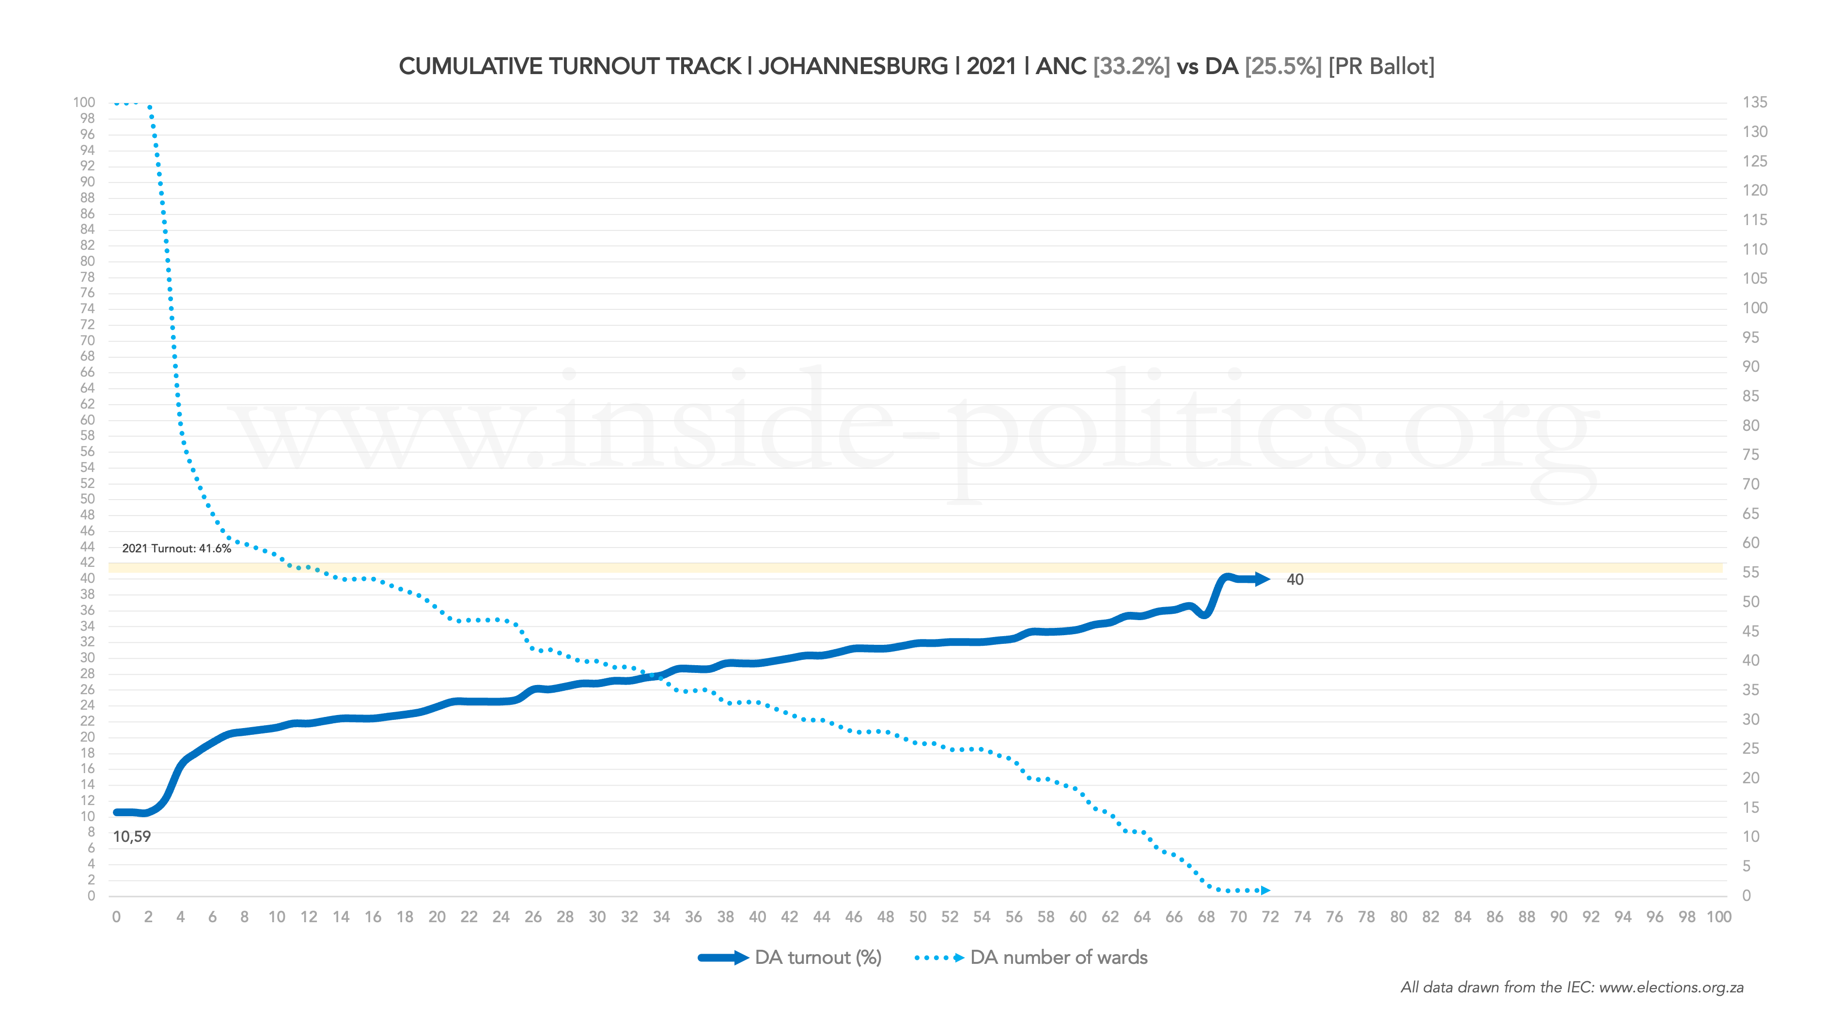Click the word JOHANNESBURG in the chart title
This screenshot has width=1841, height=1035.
[x=853, y=66]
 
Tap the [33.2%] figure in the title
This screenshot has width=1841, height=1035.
[x=1131, y=66]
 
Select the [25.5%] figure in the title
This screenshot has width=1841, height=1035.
[x=1283, y=66]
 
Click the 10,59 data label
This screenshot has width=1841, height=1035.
[x=132, y=837]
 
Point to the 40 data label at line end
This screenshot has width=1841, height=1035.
[x=1295, y=579]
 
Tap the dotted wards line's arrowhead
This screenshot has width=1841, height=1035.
[x=1265, y=890]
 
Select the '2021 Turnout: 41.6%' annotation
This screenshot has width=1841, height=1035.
[x=176, y=548]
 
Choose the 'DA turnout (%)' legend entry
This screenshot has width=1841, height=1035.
[x=818, y=957]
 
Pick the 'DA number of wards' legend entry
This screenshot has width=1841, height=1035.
[x=1059, y=957]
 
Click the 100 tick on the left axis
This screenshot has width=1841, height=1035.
[x=84, y=102]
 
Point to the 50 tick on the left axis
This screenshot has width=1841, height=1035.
[x=87, y=499]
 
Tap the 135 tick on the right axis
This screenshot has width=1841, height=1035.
[x=1755, y=102]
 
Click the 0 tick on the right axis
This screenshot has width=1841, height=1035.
[x=1747, y=895]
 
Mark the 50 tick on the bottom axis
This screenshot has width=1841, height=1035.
[x=918, y=917]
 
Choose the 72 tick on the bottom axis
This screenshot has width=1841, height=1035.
[x=1270, y=917]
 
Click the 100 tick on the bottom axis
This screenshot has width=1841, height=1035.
[x=1719, y=917]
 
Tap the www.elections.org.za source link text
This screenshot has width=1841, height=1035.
[x=1671, y=987]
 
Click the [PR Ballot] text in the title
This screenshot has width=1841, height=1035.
[x=1381, y=66]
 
